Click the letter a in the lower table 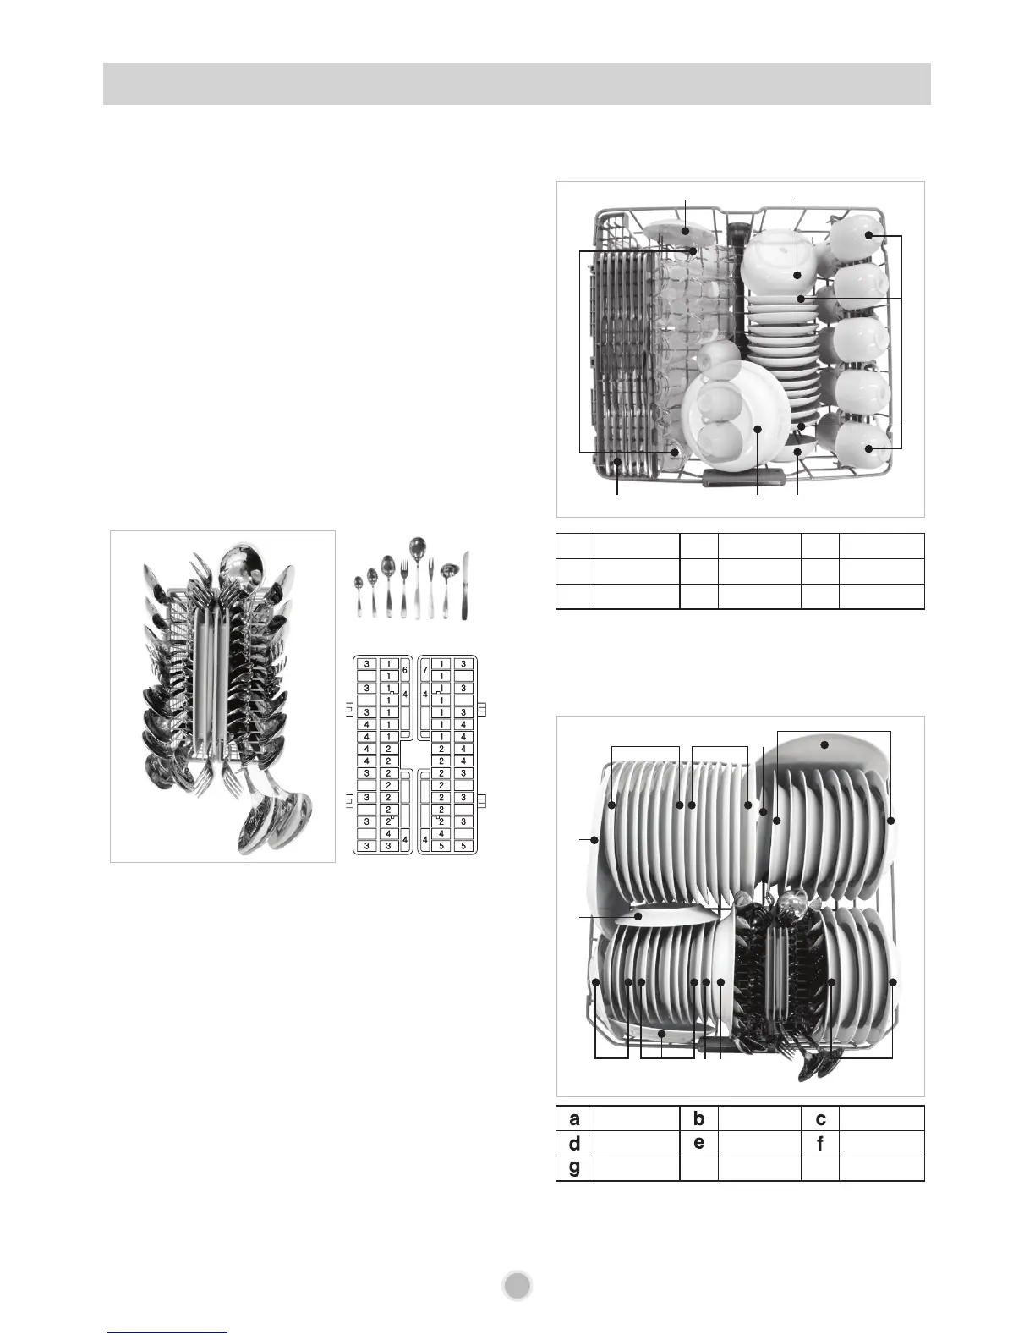tap(575, 1118)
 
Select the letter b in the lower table tap(699, 1118)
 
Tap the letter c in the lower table tap(820, 1118)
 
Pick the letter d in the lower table tap(575, 1144)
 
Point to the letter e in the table tap(699, 1143)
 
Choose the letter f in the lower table tap(820, 1144)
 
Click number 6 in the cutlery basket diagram tap(405, 670)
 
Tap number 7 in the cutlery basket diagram tap(425, 670)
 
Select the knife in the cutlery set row tap(465, 585)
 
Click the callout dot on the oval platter tap(824, 745)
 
